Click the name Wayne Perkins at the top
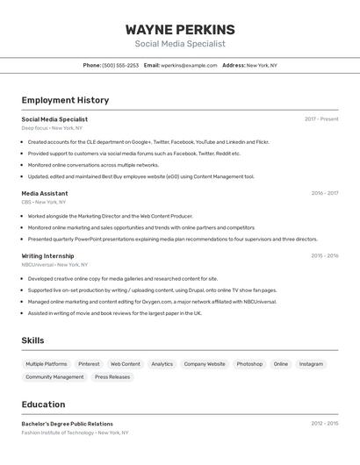tap(180, 29)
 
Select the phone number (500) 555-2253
tap(120, 65)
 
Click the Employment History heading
tap(65, 100)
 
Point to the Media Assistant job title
tap(45, 193)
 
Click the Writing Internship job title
tap(47, 256)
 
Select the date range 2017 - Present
tap(321, 119)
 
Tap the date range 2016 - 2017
tap(324, 193)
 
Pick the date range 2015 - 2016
tap(324, 256)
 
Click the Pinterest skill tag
tap(89, 364)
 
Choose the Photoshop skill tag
tap(249, 364)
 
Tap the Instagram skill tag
tap(311, 364)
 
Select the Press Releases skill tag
tap(112, 377)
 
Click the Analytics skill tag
tap(162, 364)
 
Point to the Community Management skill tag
tap(54, 377)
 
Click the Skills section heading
tap(33, 340)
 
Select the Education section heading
tap(44, 404)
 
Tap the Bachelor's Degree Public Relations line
tap(68, 424)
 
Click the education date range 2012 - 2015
tap(324, 424)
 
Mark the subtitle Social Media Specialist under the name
tap(180, 44)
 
